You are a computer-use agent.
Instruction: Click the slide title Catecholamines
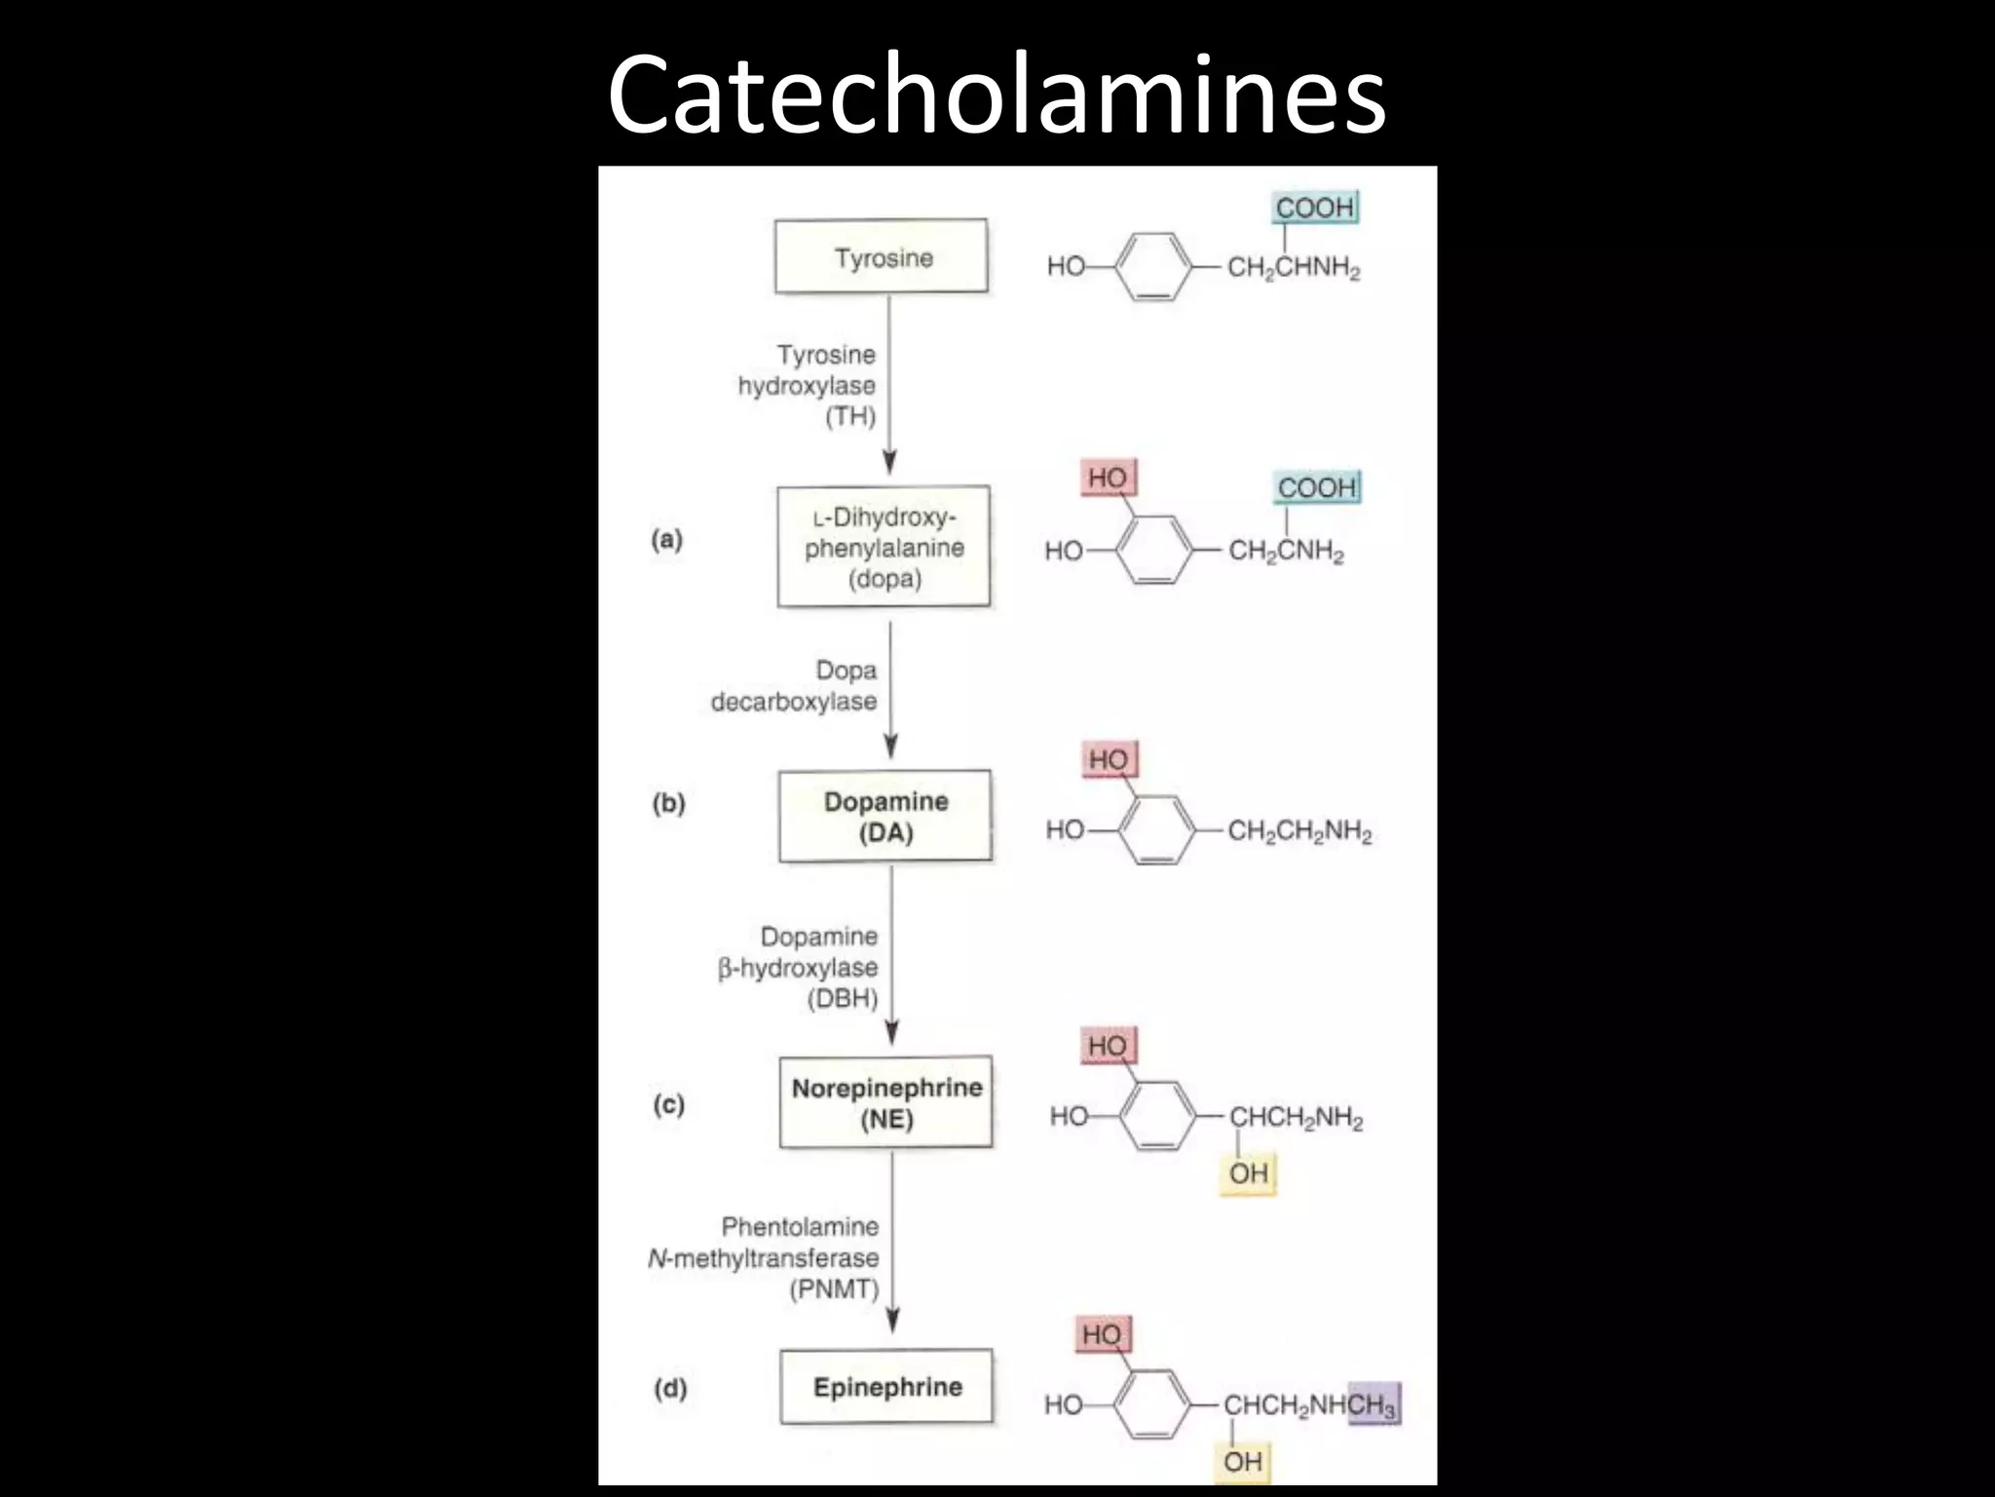(996, 96)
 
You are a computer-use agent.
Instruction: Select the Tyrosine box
(882, 256)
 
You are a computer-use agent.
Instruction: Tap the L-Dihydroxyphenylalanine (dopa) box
(884, 547)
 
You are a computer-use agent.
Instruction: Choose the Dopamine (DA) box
(885, 817)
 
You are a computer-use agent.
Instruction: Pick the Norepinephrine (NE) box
(886, 1102)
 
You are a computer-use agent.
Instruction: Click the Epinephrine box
(886, 1387)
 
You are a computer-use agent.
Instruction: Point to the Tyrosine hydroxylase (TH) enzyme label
(808, 385)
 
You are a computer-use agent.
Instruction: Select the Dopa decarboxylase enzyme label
(794, 686)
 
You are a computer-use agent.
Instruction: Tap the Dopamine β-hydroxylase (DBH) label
(799, 968)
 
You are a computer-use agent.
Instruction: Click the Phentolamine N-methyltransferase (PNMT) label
(765, 1257)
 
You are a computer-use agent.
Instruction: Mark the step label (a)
(667, 540)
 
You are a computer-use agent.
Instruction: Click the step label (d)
(670, 1388)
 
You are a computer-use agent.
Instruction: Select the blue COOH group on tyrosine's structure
(1315, 208)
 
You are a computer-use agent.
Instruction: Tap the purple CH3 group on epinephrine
(1374, 1404)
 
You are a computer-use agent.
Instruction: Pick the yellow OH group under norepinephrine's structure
(1248, 1172)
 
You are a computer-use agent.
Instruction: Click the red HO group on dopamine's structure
(1109, 759)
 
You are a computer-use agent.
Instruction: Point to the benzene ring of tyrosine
(1152, 266)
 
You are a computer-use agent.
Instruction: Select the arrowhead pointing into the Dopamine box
(890, 747)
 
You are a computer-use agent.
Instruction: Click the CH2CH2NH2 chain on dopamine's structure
(1299, 831)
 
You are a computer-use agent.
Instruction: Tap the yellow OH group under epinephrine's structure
(1242, 1462)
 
